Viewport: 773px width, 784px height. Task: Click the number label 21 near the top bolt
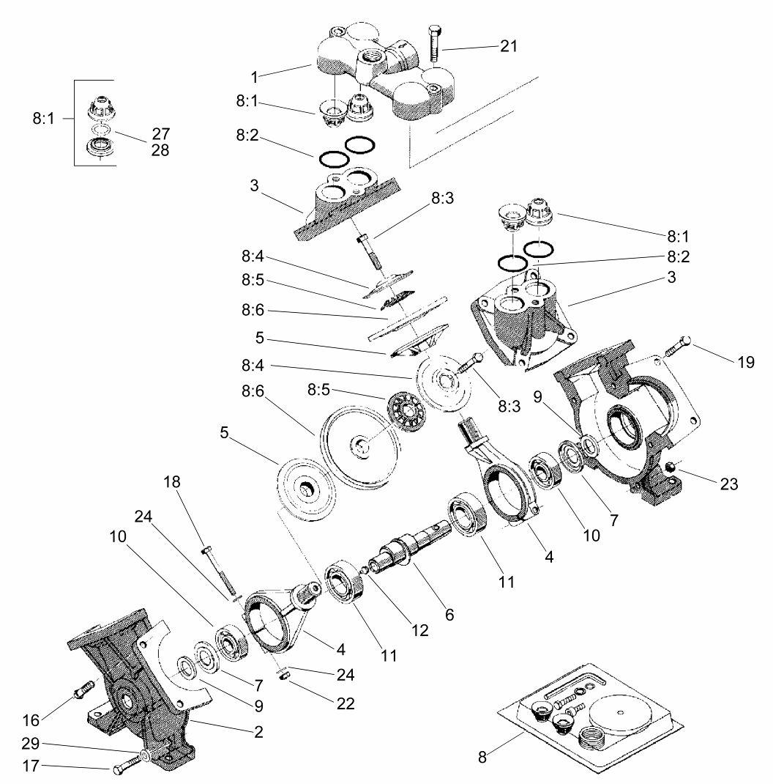point(509,46)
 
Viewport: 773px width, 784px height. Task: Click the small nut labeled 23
point(669,465)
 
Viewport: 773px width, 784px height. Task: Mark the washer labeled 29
point(146,754)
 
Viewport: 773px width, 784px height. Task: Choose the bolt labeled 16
point(83,689)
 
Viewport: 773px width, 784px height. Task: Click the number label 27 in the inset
point(161,134)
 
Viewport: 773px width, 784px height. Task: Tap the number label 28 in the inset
point(161,149)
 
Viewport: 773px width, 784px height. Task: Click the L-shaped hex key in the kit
point(578,681)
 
